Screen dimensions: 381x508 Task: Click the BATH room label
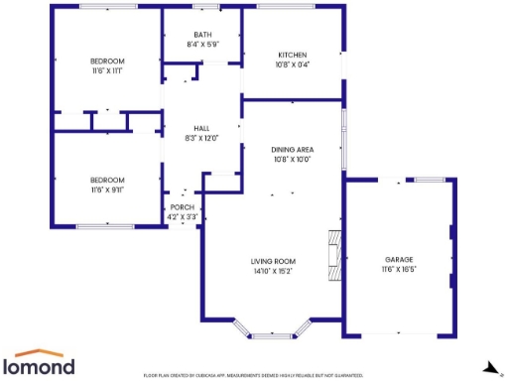201,36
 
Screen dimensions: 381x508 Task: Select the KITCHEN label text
292,55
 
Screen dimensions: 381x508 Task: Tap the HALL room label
201,129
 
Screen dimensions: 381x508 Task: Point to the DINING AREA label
292,149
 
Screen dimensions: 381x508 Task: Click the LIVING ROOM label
272,260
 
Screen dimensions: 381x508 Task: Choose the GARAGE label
400,259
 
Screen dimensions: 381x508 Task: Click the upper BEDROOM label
107,62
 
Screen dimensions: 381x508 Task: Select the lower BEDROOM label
107,180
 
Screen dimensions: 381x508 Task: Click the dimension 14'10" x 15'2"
272,270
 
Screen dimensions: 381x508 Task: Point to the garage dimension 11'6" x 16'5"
400,269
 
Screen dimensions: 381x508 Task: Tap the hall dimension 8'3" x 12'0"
201,139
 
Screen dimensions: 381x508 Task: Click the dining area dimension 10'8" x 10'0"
292,159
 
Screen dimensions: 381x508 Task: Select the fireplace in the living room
334,253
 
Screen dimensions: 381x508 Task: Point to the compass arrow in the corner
487,367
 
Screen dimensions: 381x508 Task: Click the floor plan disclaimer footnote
254,376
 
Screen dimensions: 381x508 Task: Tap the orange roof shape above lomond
45,352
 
